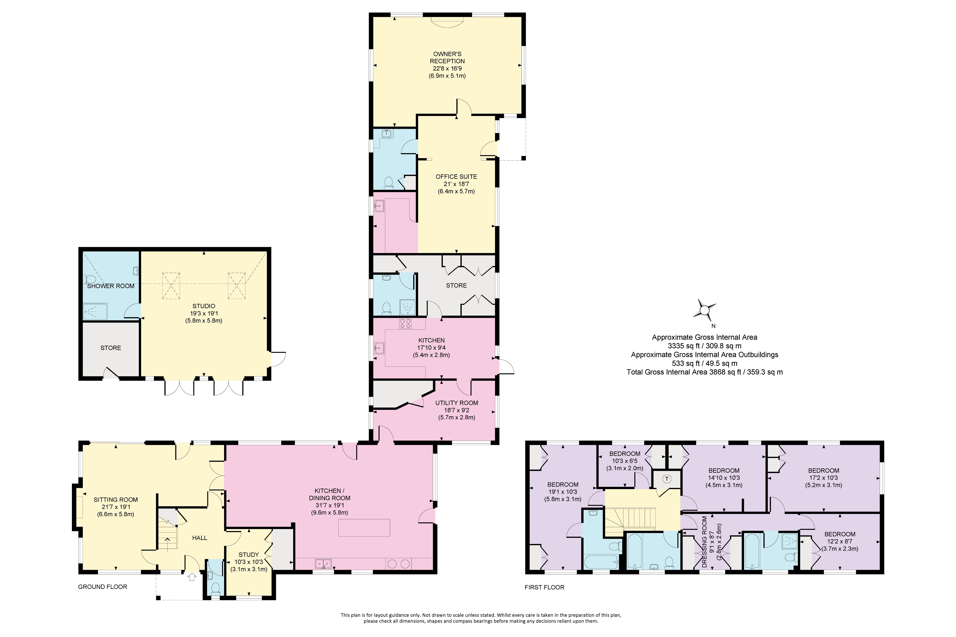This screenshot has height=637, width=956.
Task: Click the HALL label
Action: (200, 538)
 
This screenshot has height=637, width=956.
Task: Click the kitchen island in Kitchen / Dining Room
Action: (364, 528)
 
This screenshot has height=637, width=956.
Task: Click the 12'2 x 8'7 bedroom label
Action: (840, 541)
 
